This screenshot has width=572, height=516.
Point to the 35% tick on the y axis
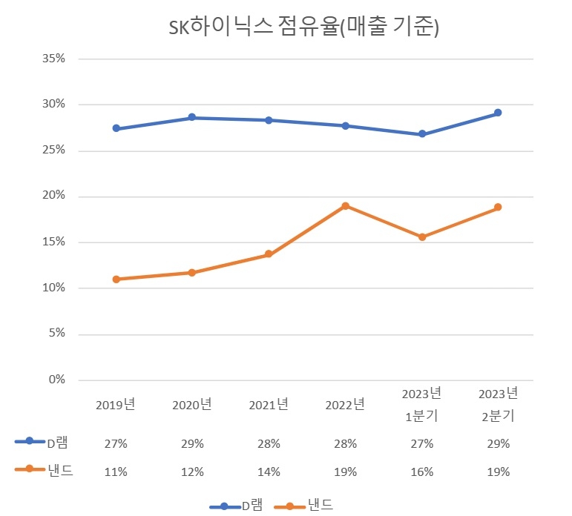[x=53, y=59]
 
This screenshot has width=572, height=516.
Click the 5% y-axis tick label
[x=56, y=334]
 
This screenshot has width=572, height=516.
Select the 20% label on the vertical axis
[x=53, y=196]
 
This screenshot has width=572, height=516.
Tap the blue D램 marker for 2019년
[x=116, y=128]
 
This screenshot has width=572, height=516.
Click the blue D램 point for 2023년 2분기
[x=498, y=113]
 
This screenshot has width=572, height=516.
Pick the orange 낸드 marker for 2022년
[x=345, y=205]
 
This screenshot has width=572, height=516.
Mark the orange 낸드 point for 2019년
[x=116, y=279]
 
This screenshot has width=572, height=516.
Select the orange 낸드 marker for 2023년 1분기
[x=422, y=237]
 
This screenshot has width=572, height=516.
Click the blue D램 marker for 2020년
[x=192, y=117]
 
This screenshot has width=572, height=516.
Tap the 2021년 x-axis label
[x=269, y=405]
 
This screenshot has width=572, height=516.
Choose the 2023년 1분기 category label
[x=421, y=404]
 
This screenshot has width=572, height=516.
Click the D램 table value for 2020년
[x=192, y=443]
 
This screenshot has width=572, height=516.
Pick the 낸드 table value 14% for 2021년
[x=269, y=472]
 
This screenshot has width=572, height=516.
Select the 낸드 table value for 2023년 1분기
[x=421, y=472]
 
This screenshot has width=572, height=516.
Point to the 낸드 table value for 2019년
[x=116, y=472]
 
